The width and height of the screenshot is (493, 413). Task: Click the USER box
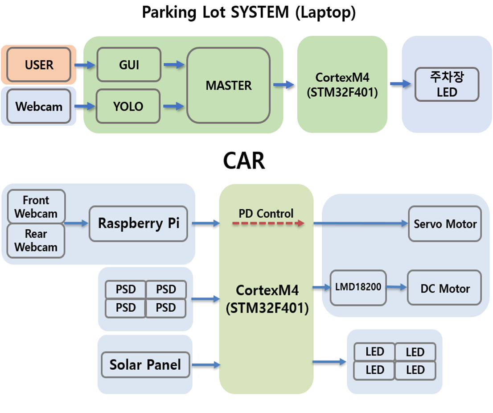[x=39, y=65]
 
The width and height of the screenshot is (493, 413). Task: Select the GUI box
[x=129, y=65]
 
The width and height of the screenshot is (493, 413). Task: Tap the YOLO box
[x=128, y=106]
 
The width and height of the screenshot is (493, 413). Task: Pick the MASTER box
[x=229, y=85]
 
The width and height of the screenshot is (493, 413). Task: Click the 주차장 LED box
[x=447, y=84]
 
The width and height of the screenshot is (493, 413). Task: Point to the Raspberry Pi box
[x=138, y=223]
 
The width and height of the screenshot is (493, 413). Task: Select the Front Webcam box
[x=36, y=206]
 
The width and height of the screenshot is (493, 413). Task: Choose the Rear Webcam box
[x=36, y=241]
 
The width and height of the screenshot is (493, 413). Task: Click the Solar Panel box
[x=145, y=365]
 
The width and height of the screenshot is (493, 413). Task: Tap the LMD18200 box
[x=358, y=288]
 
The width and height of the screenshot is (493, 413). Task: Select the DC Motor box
[x=444, y=288]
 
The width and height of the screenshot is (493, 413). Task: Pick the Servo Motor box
[x=445, y=223]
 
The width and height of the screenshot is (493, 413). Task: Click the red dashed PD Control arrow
[x=268, y=223]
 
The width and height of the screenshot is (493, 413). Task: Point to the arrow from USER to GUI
[x=85, y=65]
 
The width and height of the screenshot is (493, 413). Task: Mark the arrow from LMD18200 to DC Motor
[x=397, y=287]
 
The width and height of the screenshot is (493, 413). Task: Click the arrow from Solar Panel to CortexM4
[x=206, y=365]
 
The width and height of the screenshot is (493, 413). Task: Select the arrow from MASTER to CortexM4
[x=284, y=85]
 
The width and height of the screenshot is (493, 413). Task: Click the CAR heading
[x=244, y=161]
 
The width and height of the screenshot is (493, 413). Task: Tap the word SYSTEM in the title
[x=260, y=12]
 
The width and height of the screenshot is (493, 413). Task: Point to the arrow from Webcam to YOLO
[x=85, y=106]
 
